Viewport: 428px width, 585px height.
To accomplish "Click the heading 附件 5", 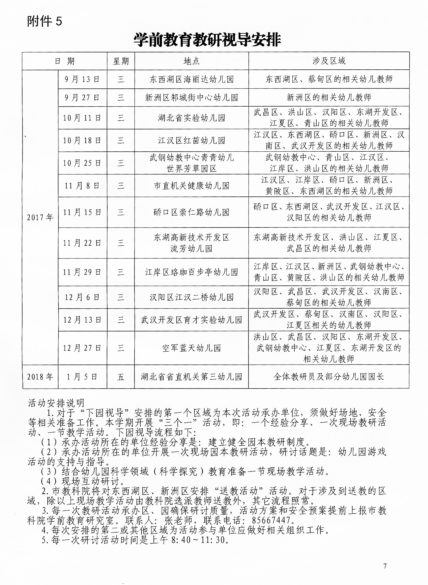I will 44,21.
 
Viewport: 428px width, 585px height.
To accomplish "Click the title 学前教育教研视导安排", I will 207,40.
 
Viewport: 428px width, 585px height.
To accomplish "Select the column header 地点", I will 191,61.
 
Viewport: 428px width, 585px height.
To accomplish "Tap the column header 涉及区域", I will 329,61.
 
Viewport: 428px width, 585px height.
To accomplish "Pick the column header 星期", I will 121,61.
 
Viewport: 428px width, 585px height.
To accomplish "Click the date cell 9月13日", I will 82,79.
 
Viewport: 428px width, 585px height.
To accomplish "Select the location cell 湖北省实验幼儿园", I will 191,118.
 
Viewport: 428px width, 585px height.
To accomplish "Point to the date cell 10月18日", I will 82,141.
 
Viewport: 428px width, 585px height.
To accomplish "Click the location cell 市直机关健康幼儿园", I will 191,186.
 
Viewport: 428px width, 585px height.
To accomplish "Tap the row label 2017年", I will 40,217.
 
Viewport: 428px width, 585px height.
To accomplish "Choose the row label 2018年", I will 40,377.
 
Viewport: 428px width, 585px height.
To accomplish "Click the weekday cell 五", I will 121,377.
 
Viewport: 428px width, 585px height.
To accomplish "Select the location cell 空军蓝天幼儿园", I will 191,348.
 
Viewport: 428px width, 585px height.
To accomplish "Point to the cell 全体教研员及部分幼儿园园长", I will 329,377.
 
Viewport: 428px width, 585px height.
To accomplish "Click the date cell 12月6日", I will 82,297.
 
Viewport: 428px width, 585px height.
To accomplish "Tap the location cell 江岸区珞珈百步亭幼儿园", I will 191,272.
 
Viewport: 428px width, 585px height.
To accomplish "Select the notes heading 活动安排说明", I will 56,403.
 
